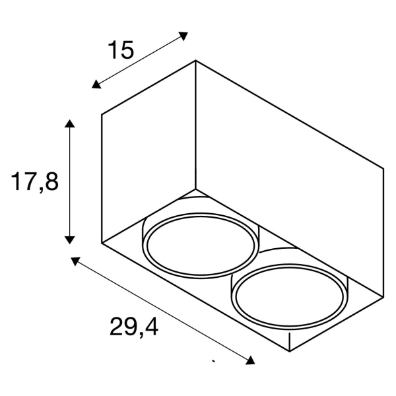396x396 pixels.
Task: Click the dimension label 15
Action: (x=121, y=50)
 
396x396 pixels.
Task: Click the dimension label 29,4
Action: (x=134, y=327)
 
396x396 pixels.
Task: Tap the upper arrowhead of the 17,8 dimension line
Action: (x=69, y=123)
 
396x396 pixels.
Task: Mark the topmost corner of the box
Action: (x=195, y=61)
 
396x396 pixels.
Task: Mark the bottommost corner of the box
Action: (x=290, y=351)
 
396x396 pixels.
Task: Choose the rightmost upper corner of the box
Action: (x=383, y=167)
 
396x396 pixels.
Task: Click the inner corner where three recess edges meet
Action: (x=195, y=189)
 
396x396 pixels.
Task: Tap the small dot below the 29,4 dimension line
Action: (x=213, y=361)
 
